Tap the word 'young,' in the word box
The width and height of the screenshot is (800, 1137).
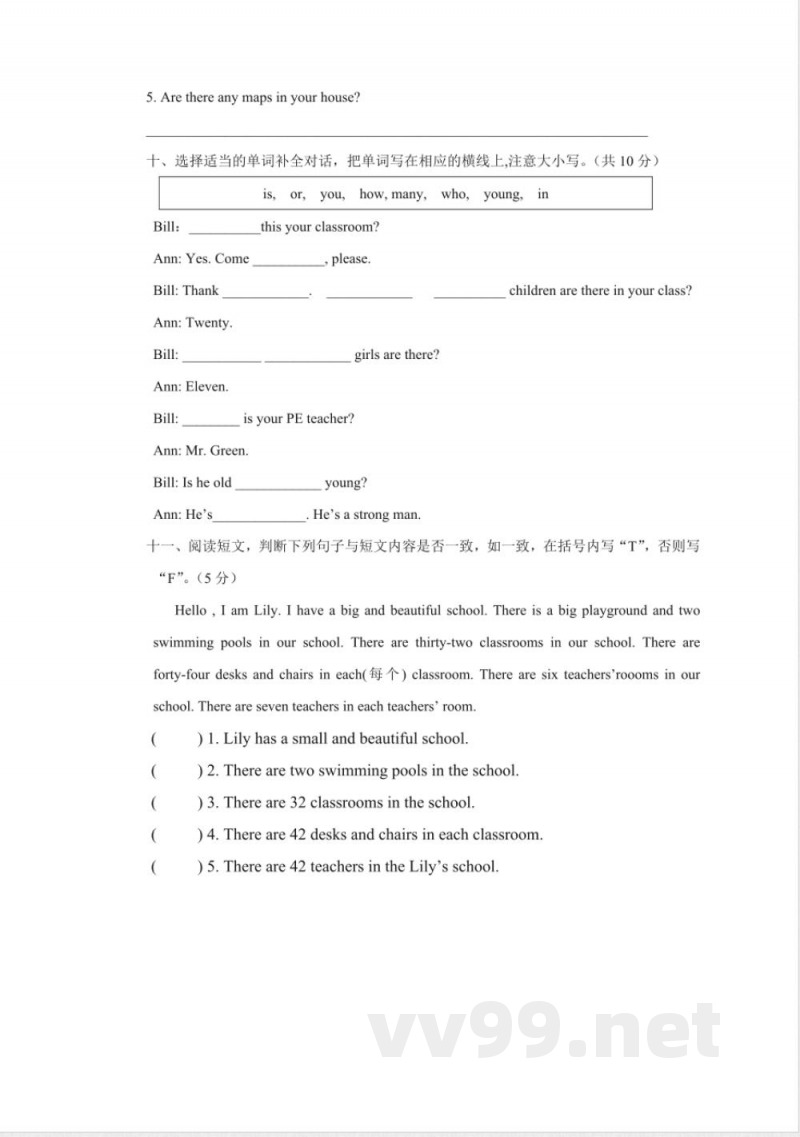502,194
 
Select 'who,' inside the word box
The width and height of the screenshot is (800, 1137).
455,194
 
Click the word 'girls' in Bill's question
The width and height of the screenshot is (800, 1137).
367,355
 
